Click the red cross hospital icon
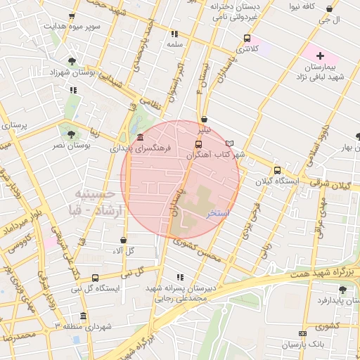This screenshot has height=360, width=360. [x=320, y=55]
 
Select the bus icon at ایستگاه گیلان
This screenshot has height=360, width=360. [x=277, y=170]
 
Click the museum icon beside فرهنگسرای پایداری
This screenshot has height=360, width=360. [x=141, y=138]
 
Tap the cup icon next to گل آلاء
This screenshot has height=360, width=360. [x=123, y=240]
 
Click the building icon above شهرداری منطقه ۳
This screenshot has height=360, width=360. [x=84, y=316]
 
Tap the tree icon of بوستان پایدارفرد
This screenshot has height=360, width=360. [x=342, y=290]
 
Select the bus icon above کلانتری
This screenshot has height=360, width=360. [x=246, y=38]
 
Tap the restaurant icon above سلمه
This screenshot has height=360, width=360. [x=174, y=33]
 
